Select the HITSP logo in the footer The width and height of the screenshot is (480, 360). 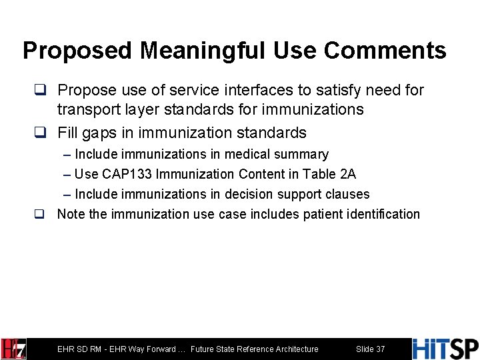(x=445, y=349)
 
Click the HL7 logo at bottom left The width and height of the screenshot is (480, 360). (x=13, y=349)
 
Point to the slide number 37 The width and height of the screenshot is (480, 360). (x=370, y=349)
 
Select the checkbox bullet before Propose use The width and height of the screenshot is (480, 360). (x=41, y=90)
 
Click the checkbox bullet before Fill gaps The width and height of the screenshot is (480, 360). (x=41, y=133)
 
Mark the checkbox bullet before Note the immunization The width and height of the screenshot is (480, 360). (x=40, y=215)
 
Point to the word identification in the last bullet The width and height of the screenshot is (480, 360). (x=382, y=214)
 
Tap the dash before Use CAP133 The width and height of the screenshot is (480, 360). (x=67, y=175)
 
